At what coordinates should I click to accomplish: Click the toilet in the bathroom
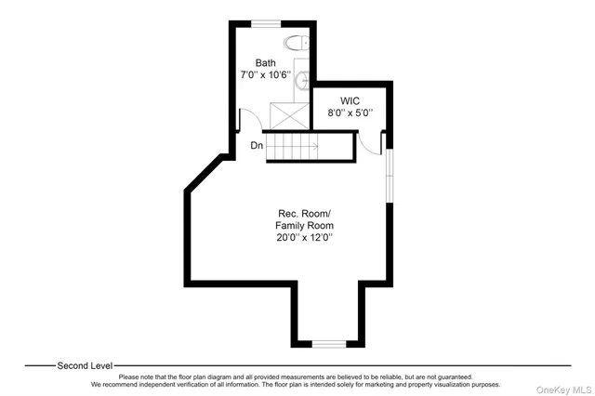coord(297,42)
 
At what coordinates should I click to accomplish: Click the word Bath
coord(266,63)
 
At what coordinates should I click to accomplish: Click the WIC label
coord(350,100)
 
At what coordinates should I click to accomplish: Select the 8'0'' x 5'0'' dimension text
coord(350,112)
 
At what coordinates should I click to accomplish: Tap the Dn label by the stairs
coord(256,145)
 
